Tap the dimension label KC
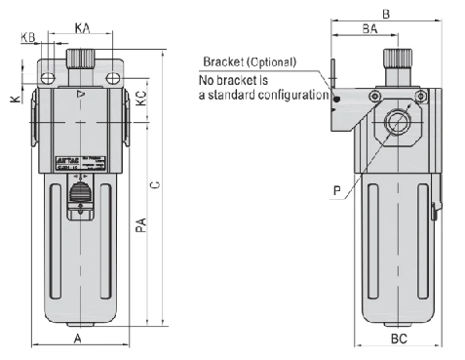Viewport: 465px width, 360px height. tap(141, 98)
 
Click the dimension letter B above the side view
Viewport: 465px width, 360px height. tap(386, 14)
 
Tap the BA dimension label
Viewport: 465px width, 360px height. tap(369, 30)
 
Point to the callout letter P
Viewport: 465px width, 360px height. tap(336, 191)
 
